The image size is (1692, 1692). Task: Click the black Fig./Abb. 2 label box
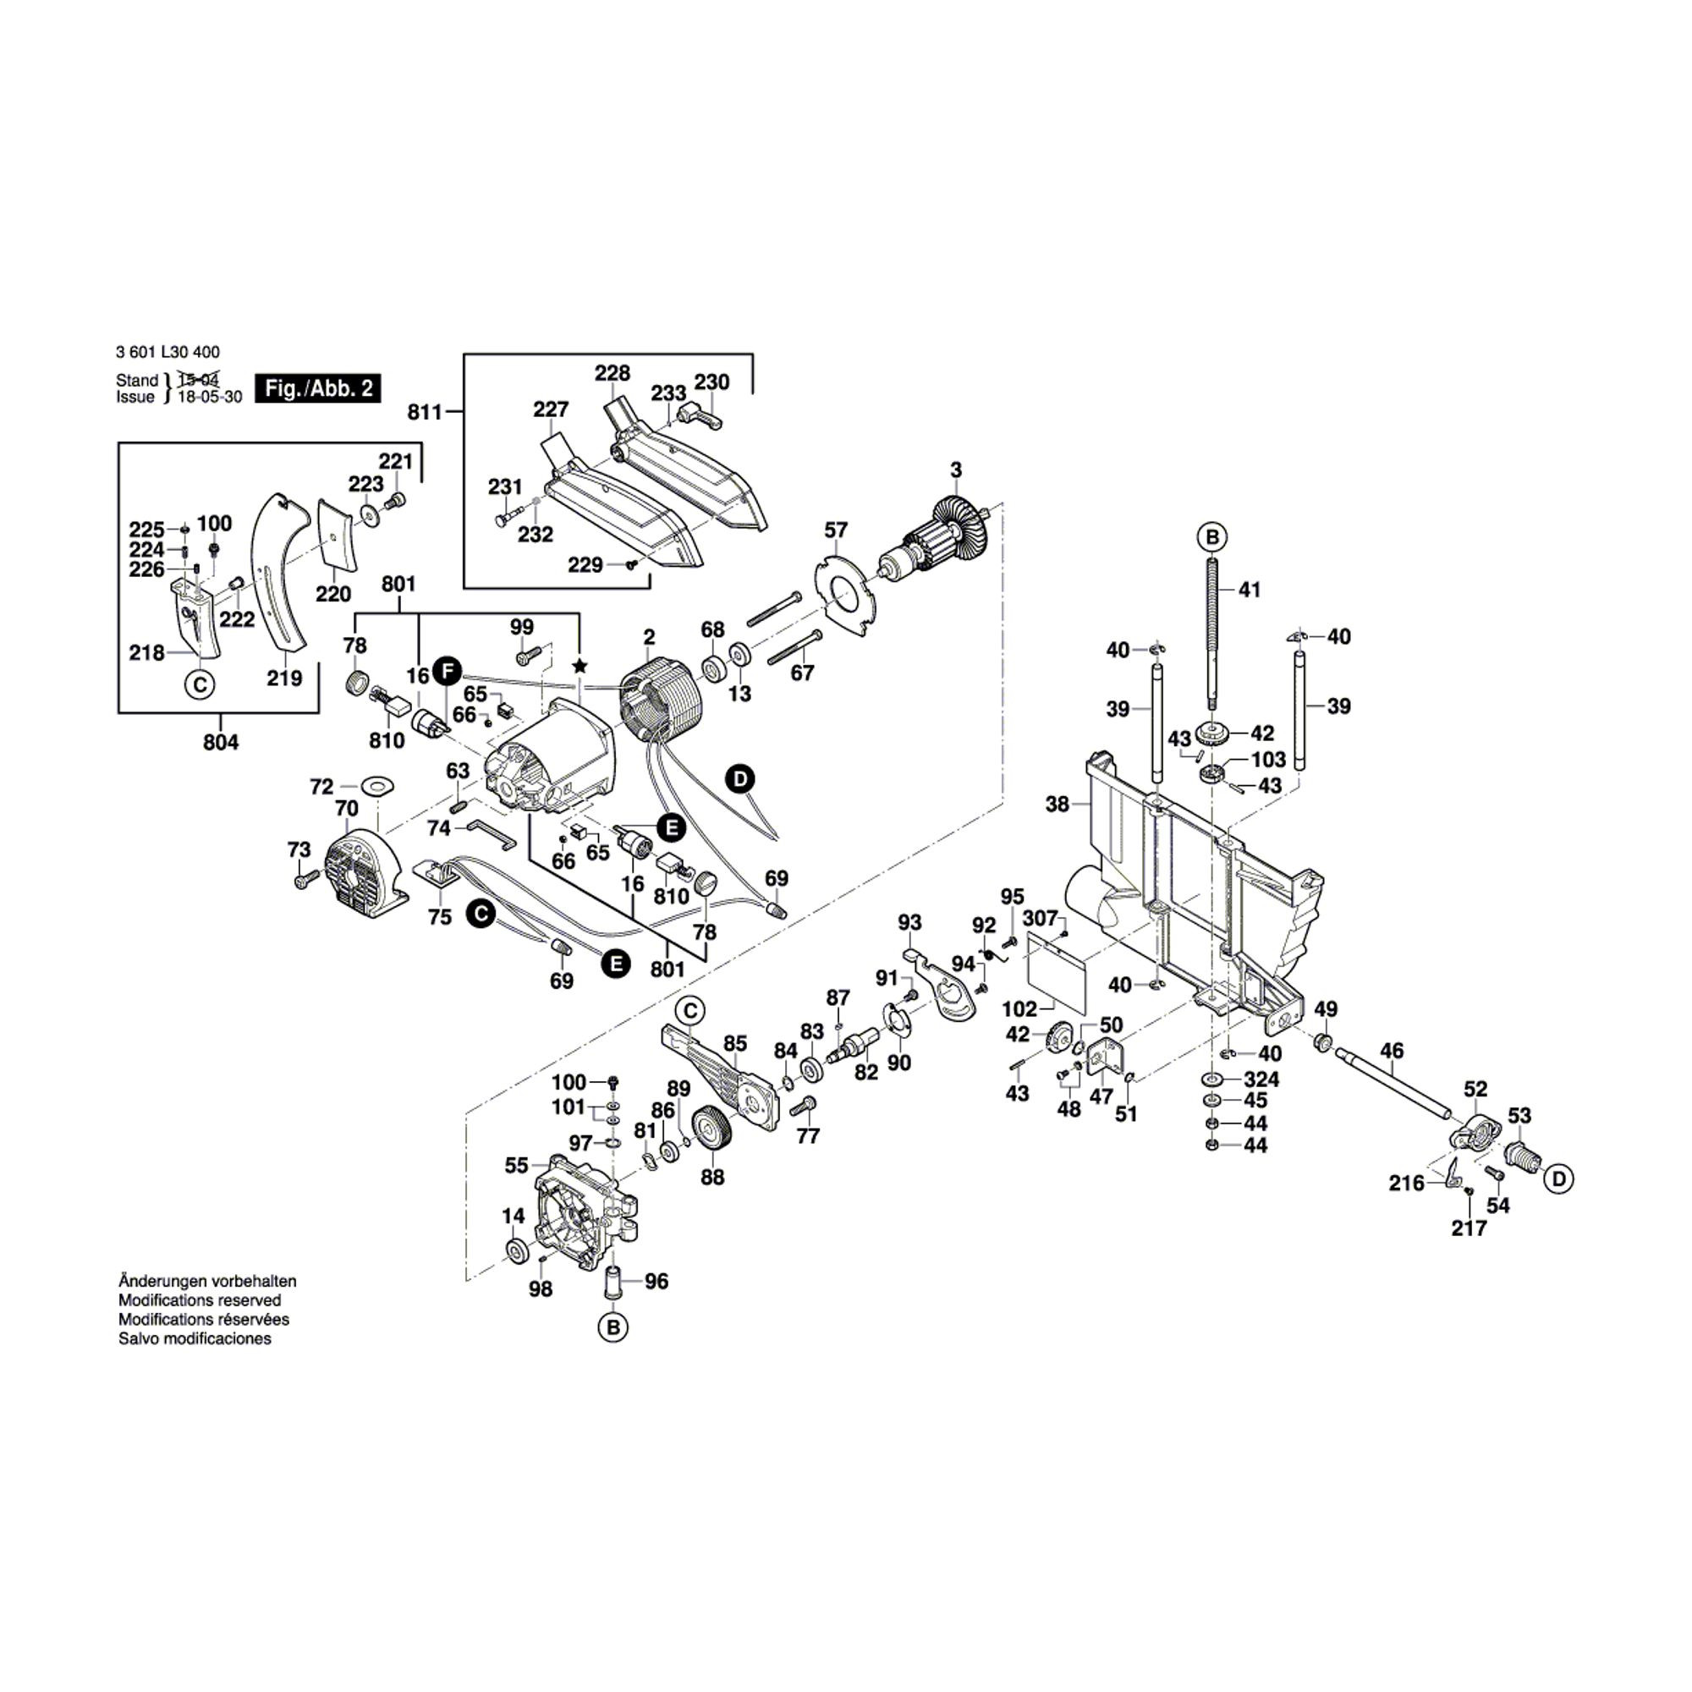pos(318,388)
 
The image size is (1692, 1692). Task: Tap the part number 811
pos(425,412)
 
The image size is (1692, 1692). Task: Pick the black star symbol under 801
pos(579,667)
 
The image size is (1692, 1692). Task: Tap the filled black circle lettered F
pos(447,672)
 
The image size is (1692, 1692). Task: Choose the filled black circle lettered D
pos(741,778)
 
